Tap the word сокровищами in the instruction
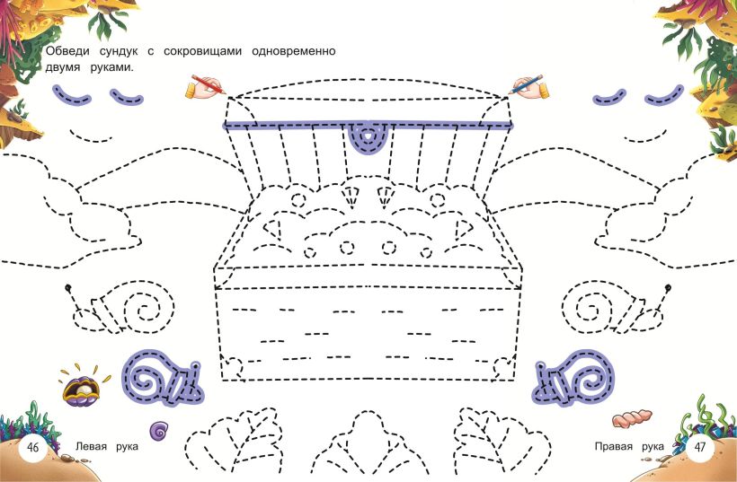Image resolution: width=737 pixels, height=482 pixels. pos(202,51)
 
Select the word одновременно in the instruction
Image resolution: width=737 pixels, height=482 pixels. pos(294,51)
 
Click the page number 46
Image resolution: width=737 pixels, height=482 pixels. pos(33,447)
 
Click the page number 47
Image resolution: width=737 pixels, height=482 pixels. pos(700,446)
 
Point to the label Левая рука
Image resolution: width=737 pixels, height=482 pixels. pos(107,446)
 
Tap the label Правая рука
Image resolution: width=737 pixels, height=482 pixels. pos(629,446)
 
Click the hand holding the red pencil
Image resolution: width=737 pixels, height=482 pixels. pos(205,86)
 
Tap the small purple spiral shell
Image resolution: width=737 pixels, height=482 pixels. pos(159,430)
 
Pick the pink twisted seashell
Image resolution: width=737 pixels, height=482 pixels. pos(632,417)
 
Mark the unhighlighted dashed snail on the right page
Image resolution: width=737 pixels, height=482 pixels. pos(617,309)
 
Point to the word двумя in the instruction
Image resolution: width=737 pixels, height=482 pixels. pos(63,68)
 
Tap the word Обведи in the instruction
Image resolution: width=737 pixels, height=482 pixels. pos(67,51)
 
